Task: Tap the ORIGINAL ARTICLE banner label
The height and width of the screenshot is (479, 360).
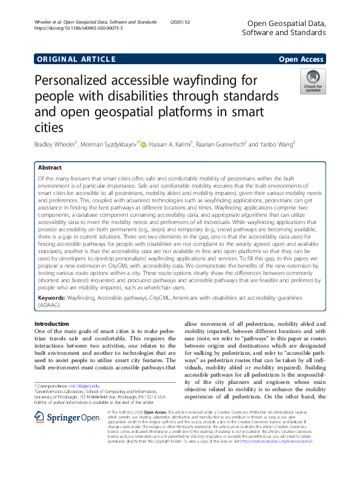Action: coord(76,59)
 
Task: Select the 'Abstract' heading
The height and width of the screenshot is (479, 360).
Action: coord(50,167)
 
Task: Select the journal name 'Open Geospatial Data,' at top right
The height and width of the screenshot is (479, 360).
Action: coord(287,23)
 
